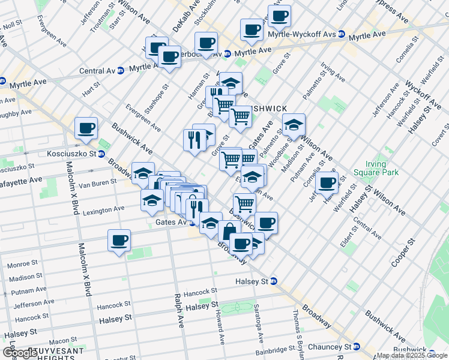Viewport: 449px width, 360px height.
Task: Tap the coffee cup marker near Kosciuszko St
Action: coord(86,128)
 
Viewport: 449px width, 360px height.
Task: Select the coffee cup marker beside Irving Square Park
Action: coord(327,182)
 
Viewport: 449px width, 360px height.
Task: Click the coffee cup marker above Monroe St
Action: coord(119,241)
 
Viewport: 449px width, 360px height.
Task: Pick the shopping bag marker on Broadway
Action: coord(229,231)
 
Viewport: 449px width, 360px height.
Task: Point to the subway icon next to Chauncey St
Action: coord(357,347)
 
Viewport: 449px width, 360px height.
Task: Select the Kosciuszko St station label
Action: coord(72,154)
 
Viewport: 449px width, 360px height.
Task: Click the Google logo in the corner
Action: coord(19,353)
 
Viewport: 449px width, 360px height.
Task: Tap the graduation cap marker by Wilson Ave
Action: coord(294,124)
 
